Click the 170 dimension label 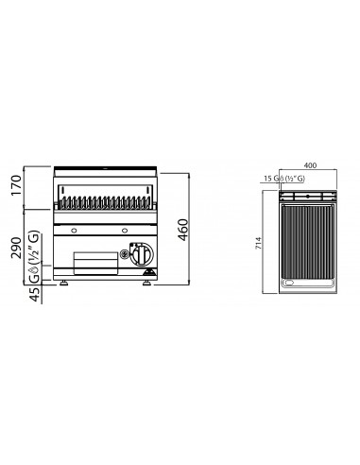pyautogui.click(x=16, y=185)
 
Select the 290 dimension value pyautogui.click(x=16, y=248)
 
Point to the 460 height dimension pyautogui.click(x=183, y=230)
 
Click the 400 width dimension pyautogui.click(x=310, y=165)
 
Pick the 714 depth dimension pyautogui.click(x=258, y=243)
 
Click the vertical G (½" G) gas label pyautogui.click(x=34, y=256)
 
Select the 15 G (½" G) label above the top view pyautogui.click(x=284, y=179)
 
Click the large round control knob pyautogui.click(x=142, y=253)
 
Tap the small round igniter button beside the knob pyautogui.click(x=124, y=253)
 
